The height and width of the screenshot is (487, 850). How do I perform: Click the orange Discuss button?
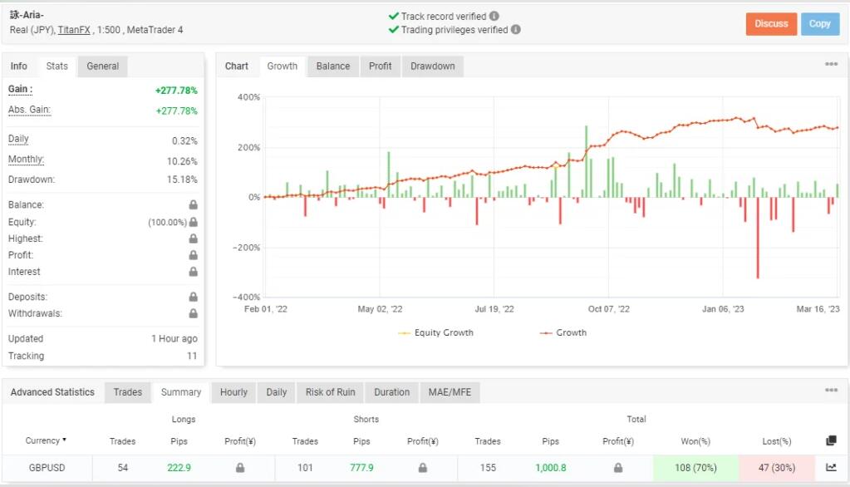point(771,24)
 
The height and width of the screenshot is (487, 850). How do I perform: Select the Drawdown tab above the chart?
point(432,66)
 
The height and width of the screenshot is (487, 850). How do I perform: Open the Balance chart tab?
point(332,66)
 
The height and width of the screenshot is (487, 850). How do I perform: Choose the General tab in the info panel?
point(103,66)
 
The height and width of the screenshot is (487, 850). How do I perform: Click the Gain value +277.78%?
point(176,90)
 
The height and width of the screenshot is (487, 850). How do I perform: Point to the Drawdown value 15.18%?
point(184,180)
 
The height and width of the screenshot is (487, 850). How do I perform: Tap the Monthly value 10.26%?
point(184,161)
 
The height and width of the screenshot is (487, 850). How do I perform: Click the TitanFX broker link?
point(74,30)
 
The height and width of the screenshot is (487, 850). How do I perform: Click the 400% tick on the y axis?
point(248,97)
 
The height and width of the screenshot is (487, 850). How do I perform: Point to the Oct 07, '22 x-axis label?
point(608,309)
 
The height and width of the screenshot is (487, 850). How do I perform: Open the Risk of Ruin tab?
point(330,392)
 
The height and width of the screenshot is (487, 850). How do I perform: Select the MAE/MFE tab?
point(450,392)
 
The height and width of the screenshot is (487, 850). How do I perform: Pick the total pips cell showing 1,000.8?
point(550,468)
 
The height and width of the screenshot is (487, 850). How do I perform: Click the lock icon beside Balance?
point(193,205)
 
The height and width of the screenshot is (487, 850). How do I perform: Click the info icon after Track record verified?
point(494,16)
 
